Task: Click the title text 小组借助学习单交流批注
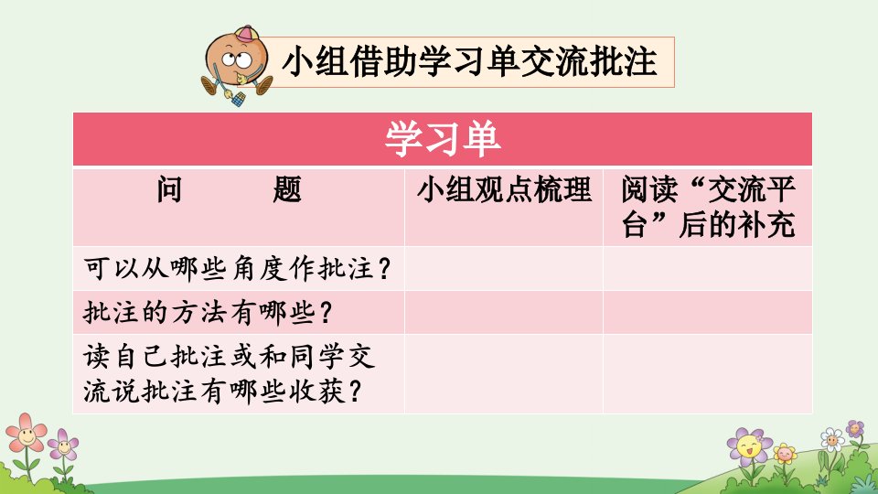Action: [469, 61]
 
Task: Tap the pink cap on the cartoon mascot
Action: [246, 34]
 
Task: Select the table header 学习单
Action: [443, 139]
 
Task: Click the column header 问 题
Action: [229, 189]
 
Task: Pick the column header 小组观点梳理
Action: [504, 189]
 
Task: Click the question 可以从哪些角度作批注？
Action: [237, 269]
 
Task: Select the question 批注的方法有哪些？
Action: [208, 313]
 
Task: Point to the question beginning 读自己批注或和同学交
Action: [230, 373]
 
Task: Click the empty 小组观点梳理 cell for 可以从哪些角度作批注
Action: [504, 269]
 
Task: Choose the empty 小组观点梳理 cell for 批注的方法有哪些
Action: [504, 313]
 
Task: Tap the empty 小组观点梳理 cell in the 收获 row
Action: [504, 373]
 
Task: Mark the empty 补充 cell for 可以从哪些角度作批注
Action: [708, 269]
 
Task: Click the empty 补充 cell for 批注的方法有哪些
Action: [708, 313]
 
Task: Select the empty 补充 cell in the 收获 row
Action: [708, 373]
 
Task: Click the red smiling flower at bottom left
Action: [26, 433]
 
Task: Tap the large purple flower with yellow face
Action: [750, 446]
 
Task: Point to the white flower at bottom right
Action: [832, 440]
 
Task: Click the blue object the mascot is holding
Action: [239, 100]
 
